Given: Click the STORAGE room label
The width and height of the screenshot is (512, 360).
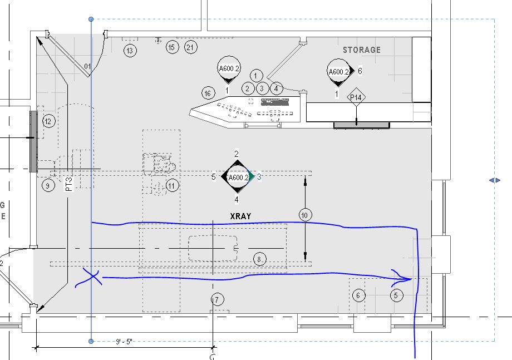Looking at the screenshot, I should (362, 50).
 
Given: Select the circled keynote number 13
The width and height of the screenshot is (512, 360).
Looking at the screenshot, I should (130, 51).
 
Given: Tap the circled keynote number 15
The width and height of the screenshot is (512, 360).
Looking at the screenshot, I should (172, 48).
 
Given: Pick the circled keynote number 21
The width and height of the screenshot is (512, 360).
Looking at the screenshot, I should (191, 48).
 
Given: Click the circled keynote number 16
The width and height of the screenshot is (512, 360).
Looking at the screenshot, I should (208, 93).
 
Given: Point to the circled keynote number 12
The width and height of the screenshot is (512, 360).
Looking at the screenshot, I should (49, 121).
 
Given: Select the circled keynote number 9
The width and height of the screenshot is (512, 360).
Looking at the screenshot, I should (48, 185).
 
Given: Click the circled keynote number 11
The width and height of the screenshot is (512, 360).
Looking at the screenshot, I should (173, 185).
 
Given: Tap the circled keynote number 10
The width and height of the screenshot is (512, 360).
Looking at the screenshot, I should (304, 215).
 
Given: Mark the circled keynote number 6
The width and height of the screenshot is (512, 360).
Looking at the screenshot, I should (358, 295).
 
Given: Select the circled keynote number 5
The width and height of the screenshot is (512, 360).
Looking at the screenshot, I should (396, 295).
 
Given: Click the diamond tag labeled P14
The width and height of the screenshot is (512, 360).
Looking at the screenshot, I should (356, 98).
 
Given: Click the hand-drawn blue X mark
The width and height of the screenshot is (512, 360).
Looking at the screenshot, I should (92, 277).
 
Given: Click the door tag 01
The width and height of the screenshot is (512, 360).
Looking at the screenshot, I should (87, 67).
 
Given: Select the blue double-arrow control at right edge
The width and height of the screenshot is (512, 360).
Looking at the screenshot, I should (495, 180).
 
